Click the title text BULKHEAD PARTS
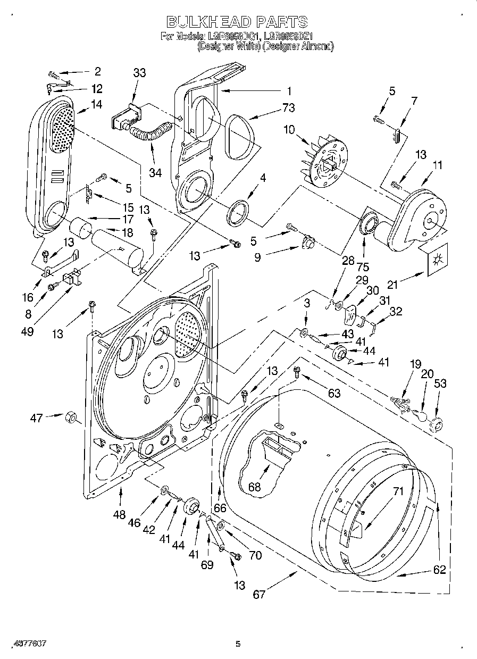click(237, 22)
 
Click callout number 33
click(139, 73)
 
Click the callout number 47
click(36, 418)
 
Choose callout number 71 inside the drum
click(398, 492)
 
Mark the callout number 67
click(259, 594)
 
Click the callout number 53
click(440, 384)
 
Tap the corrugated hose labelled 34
click(152, 132)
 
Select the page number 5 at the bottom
click(238, 644)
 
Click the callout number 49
click(28, 331)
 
